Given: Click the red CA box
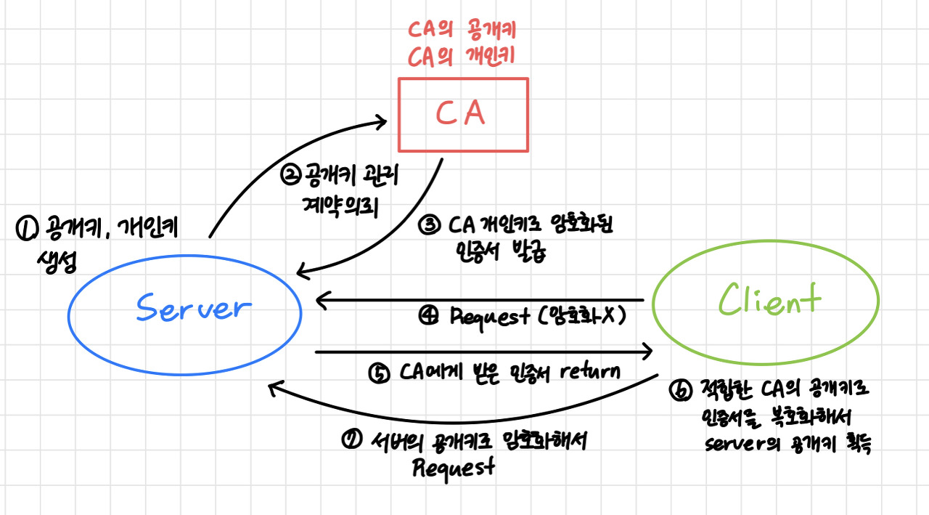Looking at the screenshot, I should click(x=463, y=114).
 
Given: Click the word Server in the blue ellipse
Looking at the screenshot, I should click(x=192, y=309).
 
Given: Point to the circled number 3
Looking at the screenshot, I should click(x=429, y=225).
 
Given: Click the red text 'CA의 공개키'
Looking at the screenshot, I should click(x=462, y=31).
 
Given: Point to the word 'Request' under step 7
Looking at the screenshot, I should click(x=454, y=467).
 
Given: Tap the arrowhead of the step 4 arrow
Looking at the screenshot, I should click(x=321, y=299).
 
